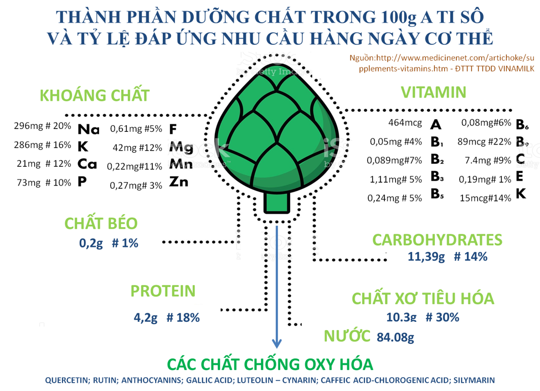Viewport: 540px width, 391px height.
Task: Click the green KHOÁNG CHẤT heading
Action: pyautogui.click(x=95, y=95)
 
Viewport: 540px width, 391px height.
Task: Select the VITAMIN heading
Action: pyautogui.click(x=433, y=92)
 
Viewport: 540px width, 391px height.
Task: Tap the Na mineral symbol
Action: pyautogui.click(x=88, y=130)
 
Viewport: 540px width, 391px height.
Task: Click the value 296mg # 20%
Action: pyautogui.click(x=43, y=126)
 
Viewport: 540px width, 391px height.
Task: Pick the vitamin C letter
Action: pyautogui.click(x=520, y=160)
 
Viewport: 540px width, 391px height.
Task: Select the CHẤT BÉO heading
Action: pyautogui.click(x=101, y=223)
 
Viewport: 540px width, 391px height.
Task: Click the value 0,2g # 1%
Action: pyautogui.click(x=109, y=243)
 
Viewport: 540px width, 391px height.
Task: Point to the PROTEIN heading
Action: pyautogui.click(x=163, y=291)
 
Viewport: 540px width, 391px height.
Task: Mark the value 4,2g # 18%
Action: pyautogui.click(x=167, y=318)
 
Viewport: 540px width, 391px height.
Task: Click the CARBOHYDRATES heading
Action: pyautogui.click(x=437, y=240)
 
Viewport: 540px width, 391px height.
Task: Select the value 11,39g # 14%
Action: pyautogui.click(x=447, y=256)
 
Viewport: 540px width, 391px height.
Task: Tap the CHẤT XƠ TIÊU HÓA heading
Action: pyautogui.click(x=423, y=299)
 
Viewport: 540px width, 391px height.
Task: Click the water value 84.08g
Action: pyautogui.click(x=395, y=337)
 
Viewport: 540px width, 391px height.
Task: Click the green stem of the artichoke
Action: pyautogui.click(x=276, y=202)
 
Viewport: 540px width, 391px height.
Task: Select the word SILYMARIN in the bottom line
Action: pyautogui.click(x=474, y=380)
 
